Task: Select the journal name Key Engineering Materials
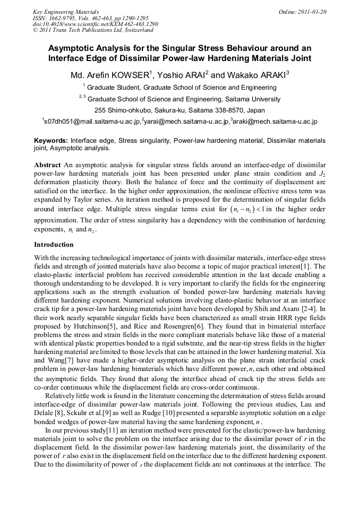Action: pyautogui.click(x=65, y=12)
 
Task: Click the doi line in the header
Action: pyautogui.click(x=95, y=24)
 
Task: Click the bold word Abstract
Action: pyautogui.click(x=48, y=166)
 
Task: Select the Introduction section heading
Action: pyautogui.click(x=54, y=245)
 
